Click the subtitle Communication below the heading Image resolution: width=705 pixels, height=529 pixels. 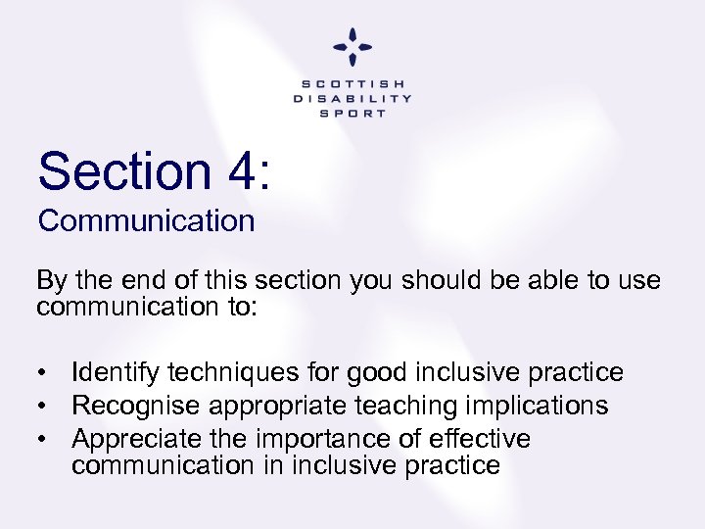(146, 221)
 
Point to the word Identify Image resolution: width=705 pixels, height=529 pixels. (117, 372)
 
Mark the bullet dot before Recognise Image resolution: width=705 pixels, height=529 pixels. (45, 406)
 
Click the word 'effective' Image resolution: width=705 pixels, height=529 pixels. (476, 438)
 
